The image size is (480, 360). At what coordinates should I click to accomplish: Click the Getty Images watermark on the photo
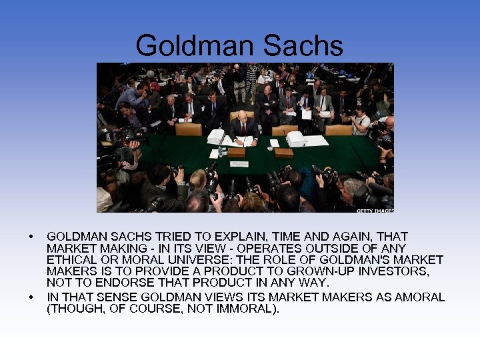375,210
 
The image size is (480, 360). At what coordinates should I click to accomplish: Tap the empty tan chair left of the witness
188,129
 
